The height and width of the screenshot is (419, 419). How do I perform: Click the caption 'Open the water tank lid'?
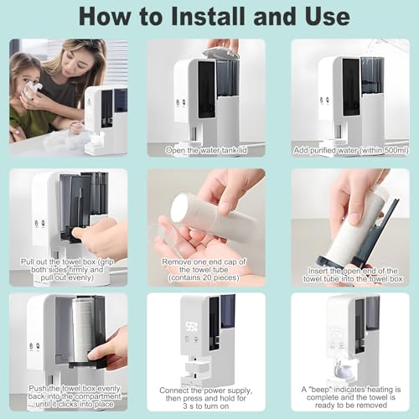coord(206,150)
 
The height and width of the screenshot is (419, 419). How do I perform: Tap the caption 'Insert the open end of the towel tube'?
coord(353,275)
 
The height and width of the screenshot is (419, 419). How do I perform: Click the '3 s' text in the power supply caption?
coord(189,406)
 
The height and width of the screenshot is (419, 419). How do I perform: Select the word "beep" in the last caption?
coord(321,390)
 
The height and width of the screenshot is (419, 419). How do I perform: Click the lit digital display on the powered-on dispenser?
coord(191,327)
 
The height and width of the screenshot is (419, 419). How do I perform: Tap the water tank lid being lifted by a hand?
coord(221,54)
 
